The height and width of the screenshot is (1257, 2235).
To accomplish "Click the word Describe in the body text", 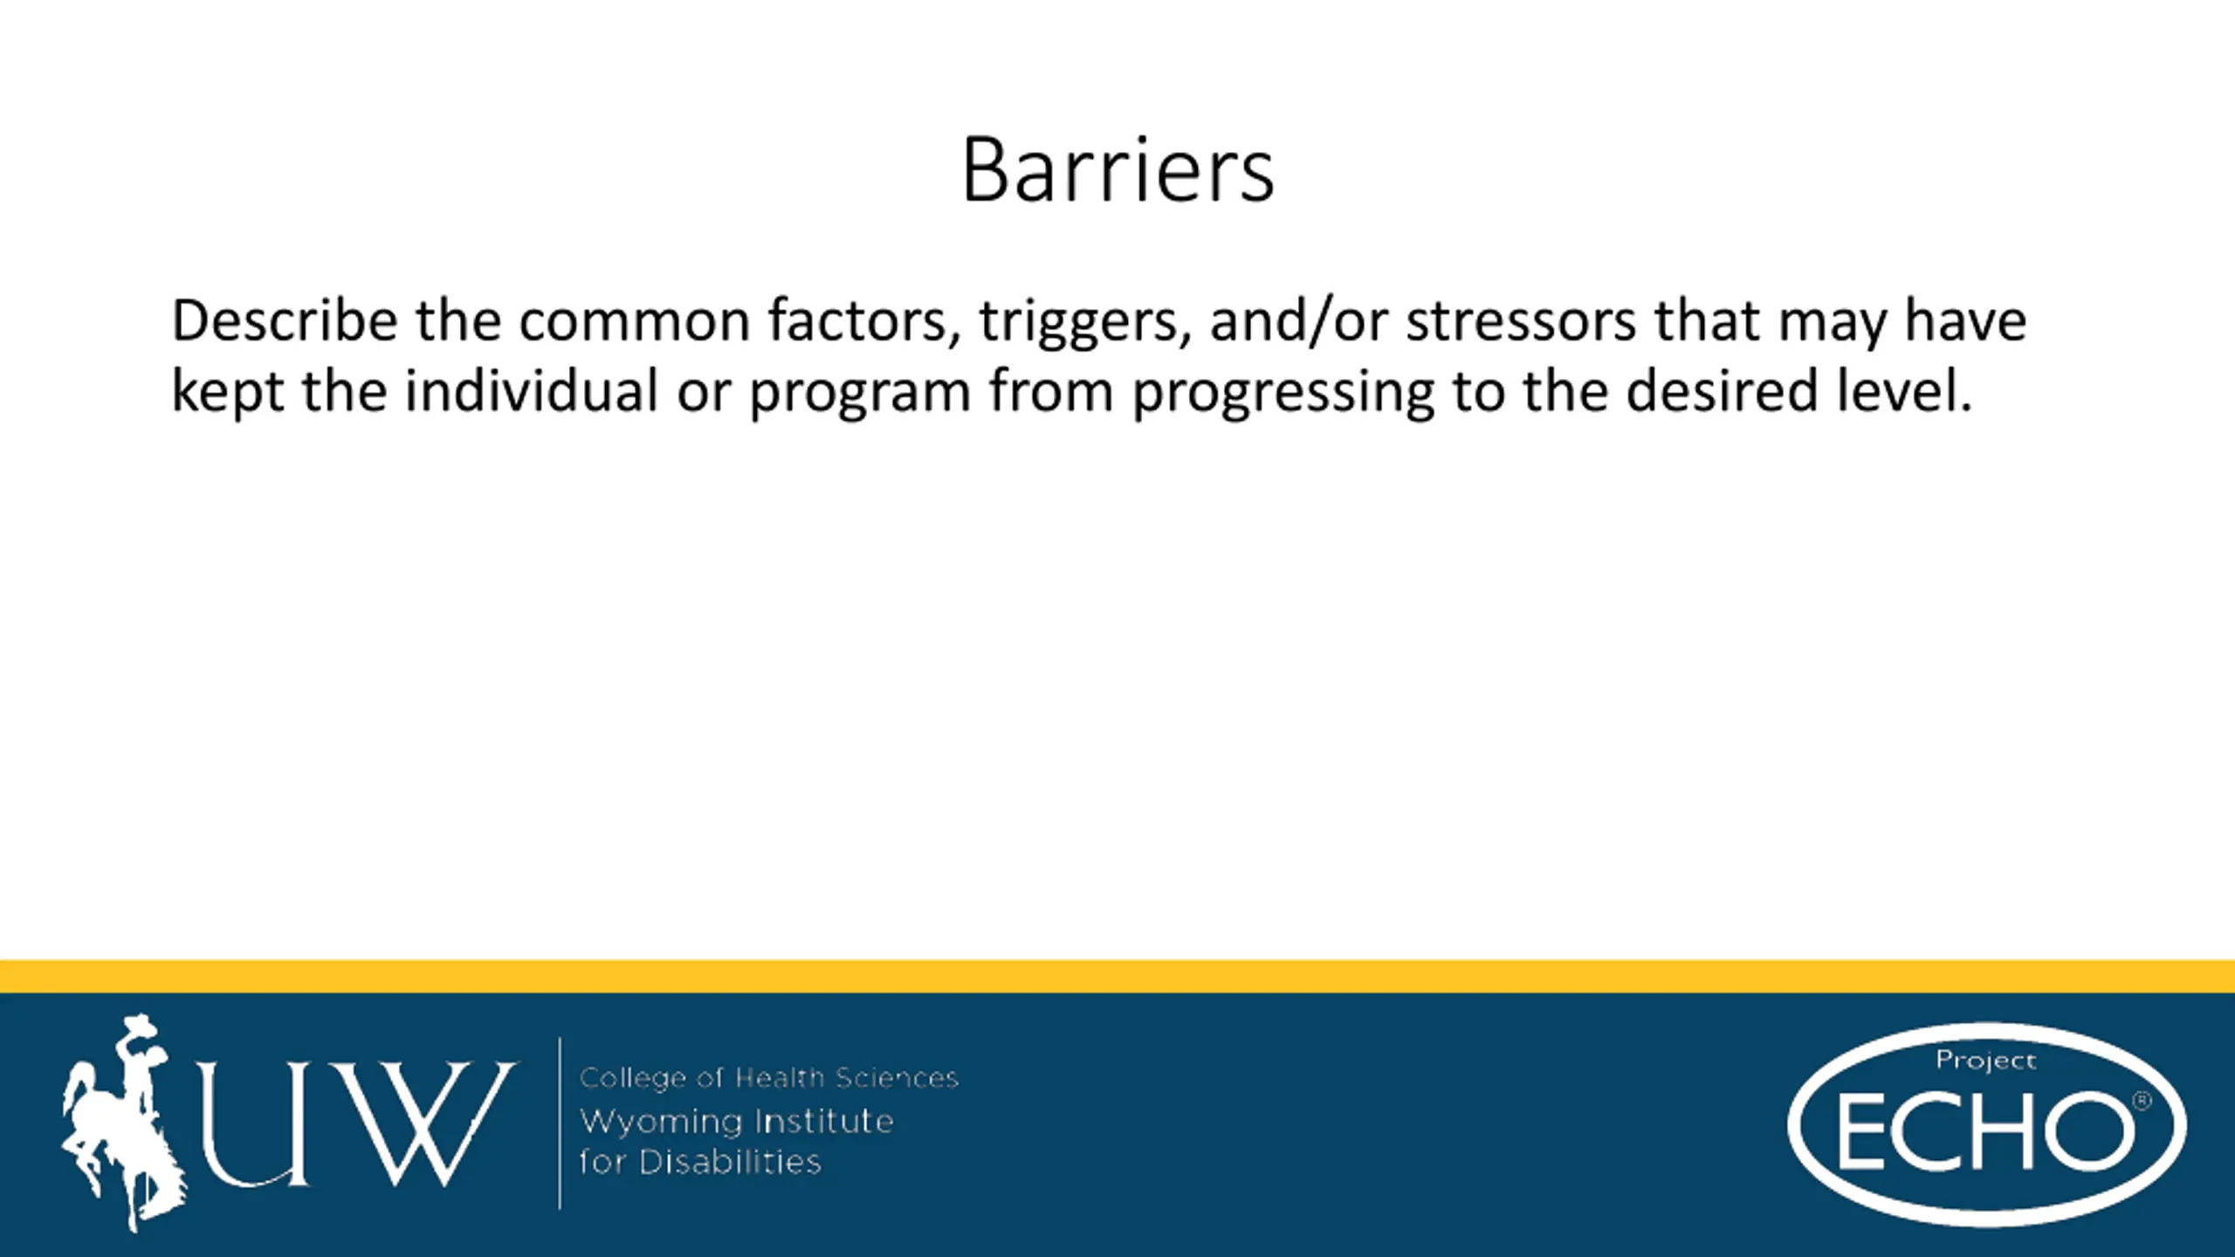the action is tap(284, 320).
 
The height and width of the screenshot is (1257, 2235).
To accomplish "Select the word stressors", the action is tap(1521, 322).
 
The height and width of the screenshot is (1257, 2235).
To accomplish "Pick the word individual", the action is tap(531, 390).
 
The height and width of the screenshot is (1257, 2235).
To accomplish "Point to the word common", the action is tap(635, 322).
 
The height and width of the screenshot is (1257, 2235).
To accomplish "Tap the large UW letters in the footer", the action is tap(356, 1124).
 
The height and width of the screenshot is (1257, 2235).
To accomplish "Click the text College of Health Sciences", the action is tap(769, 1078).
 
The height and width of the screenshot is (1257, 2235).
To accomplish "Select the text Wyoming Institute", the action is tap(737, 1122).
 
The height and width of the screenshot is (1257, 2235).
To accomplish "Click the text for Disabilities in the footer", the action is tap(700, 1162).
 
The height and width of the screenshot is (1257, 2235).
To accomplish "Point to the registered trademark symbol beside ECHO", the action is tap(2142, 1102).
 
